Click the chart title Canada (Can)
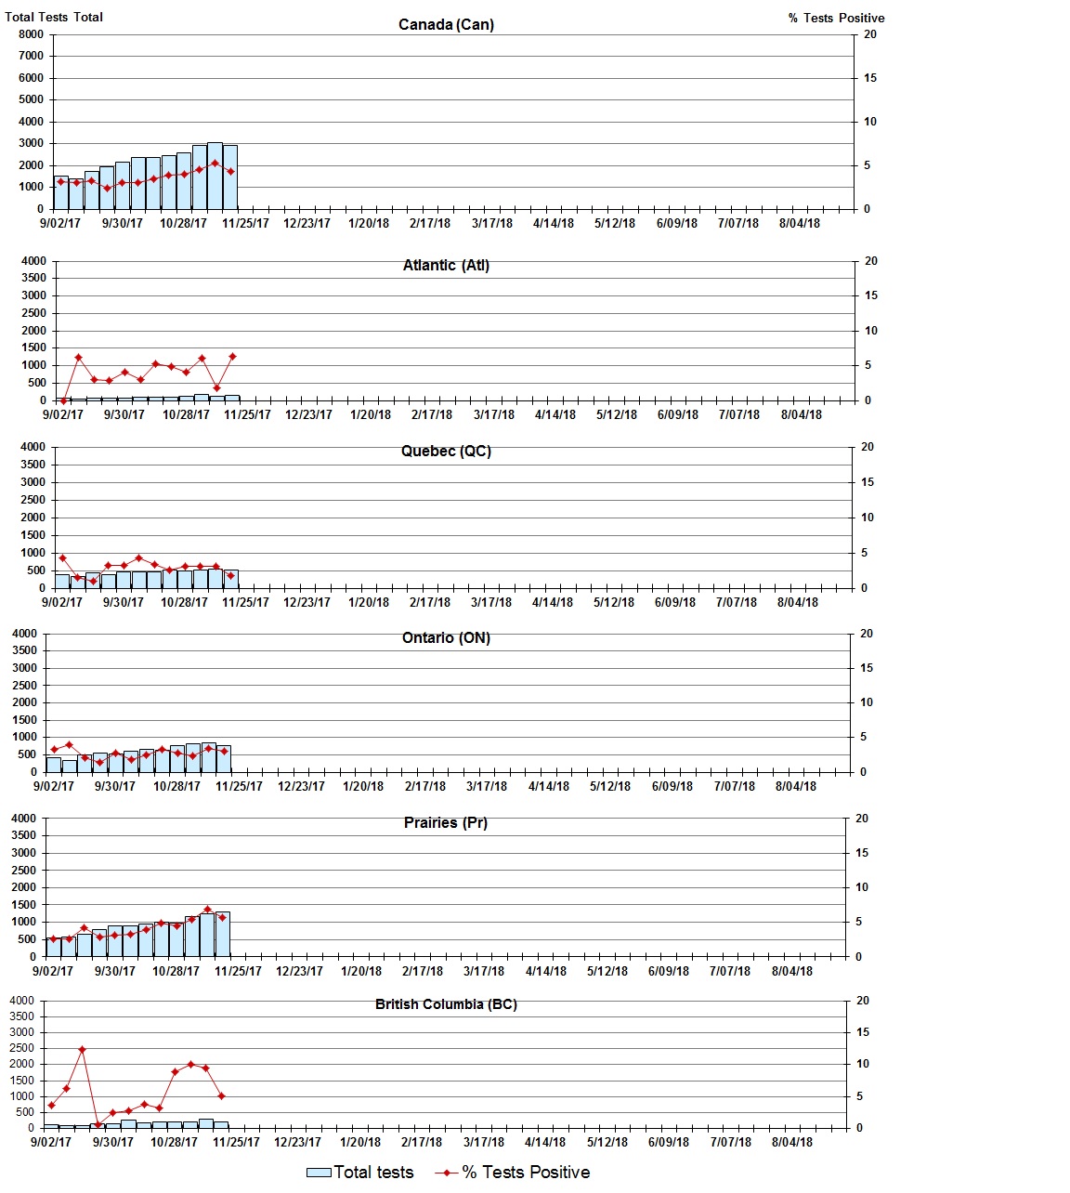coord(446,25)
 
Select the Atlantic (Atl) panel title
coord(446,266)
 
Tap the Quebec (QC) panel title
coord(446,452)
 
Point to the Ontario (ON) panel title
coord(446,638)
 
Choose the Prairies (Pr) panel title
coord(446,823)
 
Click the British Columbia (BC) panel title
coord(446,1004)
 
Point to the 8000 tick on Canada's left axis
coord(31,34)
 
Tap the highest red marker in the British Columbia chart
coord(82,1049)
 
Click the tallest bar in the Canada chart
coord(215,176)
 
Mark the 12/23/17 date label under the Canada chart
coord(307,223)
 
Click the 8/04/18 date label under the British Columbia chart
coord(791,1142)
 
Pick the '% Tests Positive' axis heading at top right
coord(836,18)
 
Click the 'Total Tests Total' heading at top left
coord(54,17)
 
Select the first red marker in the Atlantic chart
coord(63,400)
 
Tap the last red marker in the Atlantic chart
coord(232,357)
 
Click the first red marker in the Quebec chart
coord(62,557)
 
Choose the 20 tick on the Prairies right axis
coord(861,819)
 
